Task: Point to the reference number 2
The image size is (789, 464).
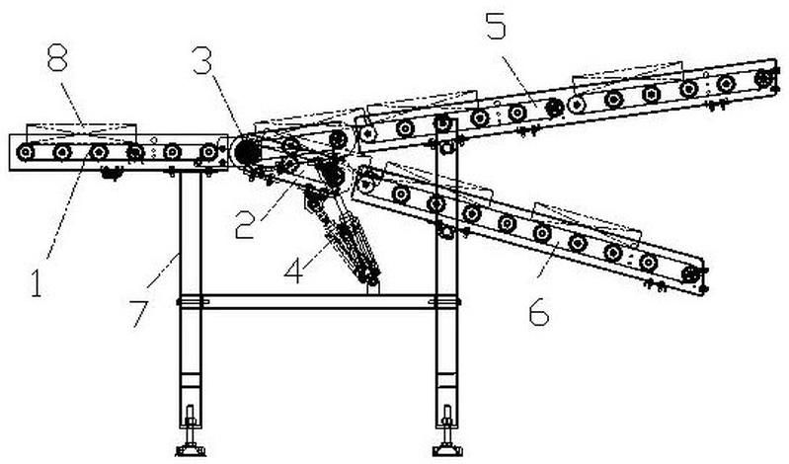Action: pyautogui.click(x=246, y=226)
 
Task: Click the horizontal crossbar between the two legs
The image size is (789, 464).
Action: pyautogui.click(x=311, y=301)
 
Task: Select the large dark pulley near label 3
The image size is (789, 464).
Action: pyautogui.click(x=245, y=153)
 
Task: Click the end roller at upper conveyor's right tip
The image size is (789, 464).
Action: pyautogui.click(x=761, y=77)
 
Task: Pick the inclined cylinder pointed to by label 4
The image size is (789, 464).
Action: pyautogui.click(x=346, y=242)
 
